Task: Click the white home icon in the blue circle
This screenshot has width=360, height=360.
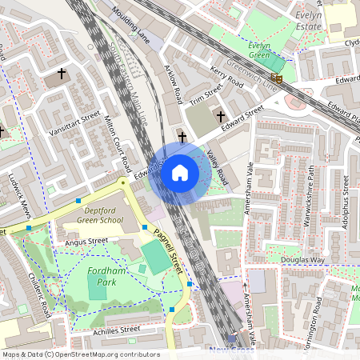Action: pos(180,172)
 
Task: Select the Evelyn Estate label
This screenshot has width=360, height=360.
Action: pos(309,19)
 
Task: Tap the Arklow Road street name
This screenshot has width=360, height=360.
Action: pos(173,85)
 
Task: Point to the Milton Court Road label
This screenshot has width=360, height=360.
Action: pos(118,143)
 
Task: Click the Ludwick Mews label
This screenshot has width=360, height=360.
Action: pos(18,196)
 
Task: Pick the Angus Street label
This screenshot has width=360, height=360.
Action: pos(86,241)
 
